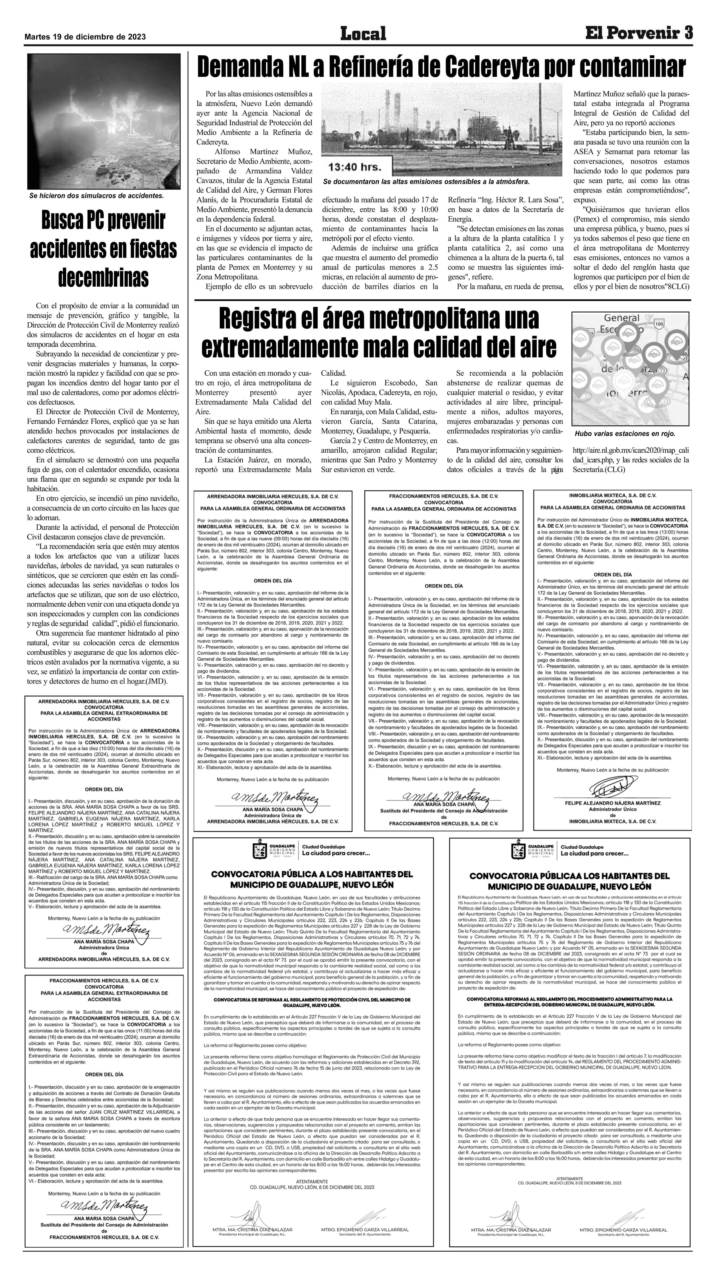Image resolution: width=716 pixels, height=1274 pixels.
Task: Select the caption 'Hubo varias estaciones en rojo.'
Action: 625,434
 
